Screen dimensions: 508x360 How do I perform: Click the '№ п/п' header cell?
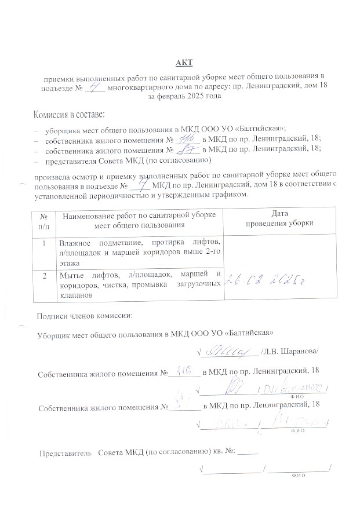click(44, 219)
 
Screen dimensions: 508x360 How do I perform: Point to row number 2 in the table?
click(44, 274)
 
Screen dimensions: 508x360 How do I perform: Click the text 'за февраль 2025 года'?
click(184, 96)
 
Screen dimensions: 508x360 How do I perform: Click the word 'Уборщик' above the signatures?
click(53, 334)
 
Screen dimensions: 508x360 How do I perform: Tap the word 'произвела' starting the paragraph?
click(52, 176)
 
